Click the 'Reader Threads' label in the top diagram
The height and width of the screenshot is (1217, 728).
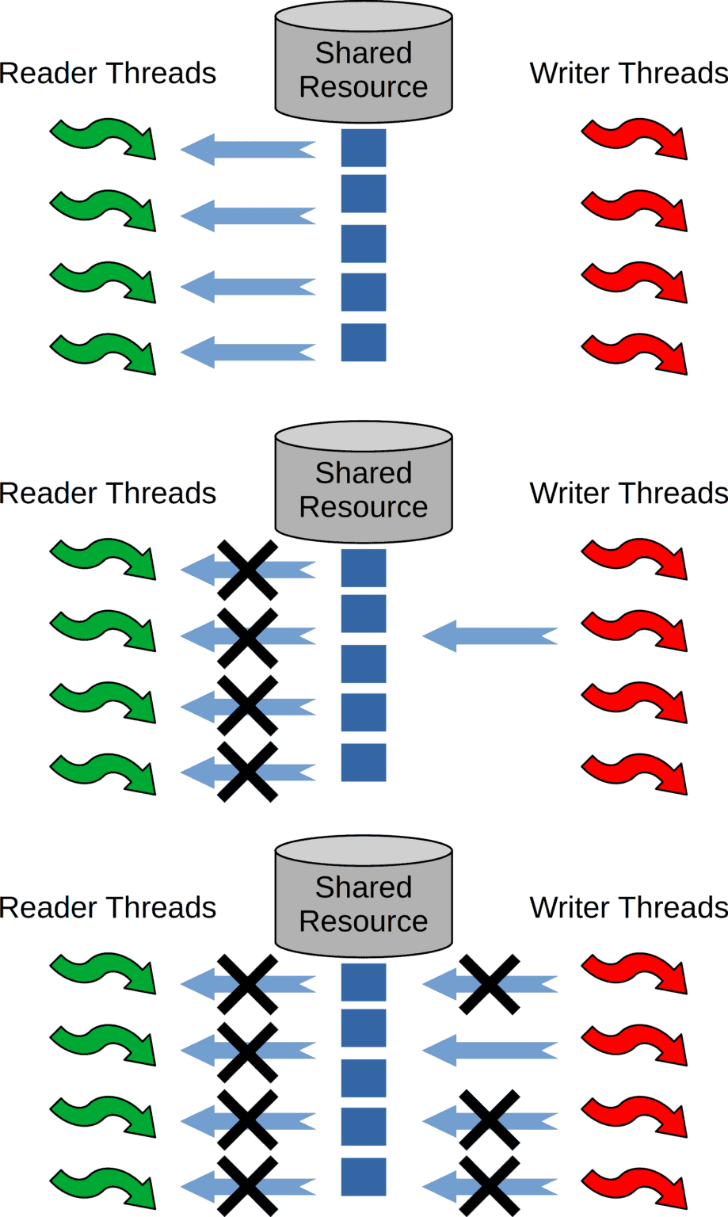tap(108, 73)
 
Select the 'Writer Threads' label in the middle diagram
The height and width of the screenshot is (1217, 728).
tap(628, 493)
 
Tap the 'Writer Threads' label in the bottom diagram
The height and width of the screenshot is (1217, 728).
tap(628, 907)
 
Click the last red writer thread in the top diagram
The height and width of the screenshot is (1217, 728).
tap(635, 354)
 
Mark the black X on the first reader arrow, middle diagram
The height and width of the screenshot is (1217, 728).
tap(247, 570)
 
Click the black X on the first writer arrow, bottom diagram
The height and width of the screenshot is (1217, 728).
tap(490, 984)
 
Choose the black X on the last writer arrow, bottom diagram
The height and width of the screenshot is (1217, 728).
tap(490, 1186)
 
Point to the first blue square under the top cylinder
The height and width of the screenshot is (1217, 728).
tap(364, 148)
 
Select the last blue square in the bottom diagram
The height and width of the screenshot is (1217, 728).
tap(364, 1177)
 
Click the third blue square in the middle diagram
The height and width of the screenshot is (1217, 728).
tap(364, 664)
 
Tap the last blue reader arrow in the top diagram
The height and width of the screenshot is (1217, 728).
tap(247, 352)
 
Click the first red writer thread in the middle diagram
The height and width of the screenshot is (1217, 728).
tap(635, 559)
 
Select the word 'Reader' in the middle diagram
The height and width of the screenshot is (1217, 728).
tap(52, 493)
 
